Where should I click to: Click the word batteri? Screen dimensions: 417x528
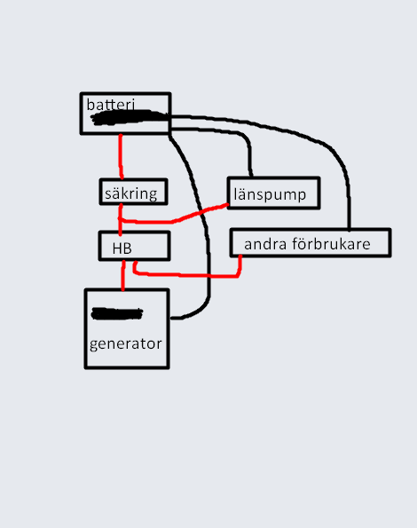[x=110, y=105]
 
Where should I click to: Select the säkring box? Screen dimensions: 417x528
[x=134, y=192]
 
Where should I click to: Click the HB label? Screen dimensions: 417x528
[x=122, y=248]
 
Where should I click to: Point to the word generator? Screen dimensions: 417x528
[x=125, y=344]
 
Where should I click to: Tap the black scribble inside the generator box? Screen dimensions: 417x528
[x=117, y=313]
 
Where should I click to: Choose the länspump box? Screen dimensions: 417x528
[x=273, y=193]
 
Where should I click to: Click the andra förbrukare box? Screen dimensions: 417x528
[x=311, y=243]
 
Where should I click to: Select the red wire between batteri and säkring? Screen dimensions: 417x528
[x=121, y=156]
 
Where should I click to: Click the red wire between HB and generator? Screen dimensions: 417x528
[x=123, y=275]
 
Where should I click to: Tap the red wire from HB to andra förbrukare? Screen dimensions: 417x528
[x=188, y=275]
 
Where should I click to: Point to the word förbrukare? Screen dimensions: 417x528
[x=331, y=244]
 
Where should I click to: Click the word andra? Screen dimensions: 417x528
[x=265, y=244]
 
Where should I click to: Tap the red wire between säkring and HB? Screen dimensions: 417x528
[x=120, y=218]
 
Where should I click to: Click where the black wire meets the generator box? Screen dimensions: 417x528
[x=170, y=318]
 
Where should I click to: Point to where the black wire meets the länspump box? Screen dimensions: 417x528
[x=251, y=177]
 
